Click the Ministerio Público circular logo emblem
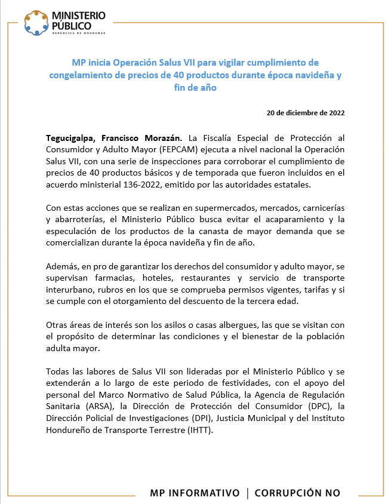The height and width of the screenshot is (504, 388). click(x=36, y=22)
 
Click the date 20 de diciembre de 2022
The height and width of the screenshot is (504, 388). click(x=305, y=112)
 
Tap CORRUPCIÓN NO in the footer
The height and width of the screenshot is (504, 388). click(x=297, y=493)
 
